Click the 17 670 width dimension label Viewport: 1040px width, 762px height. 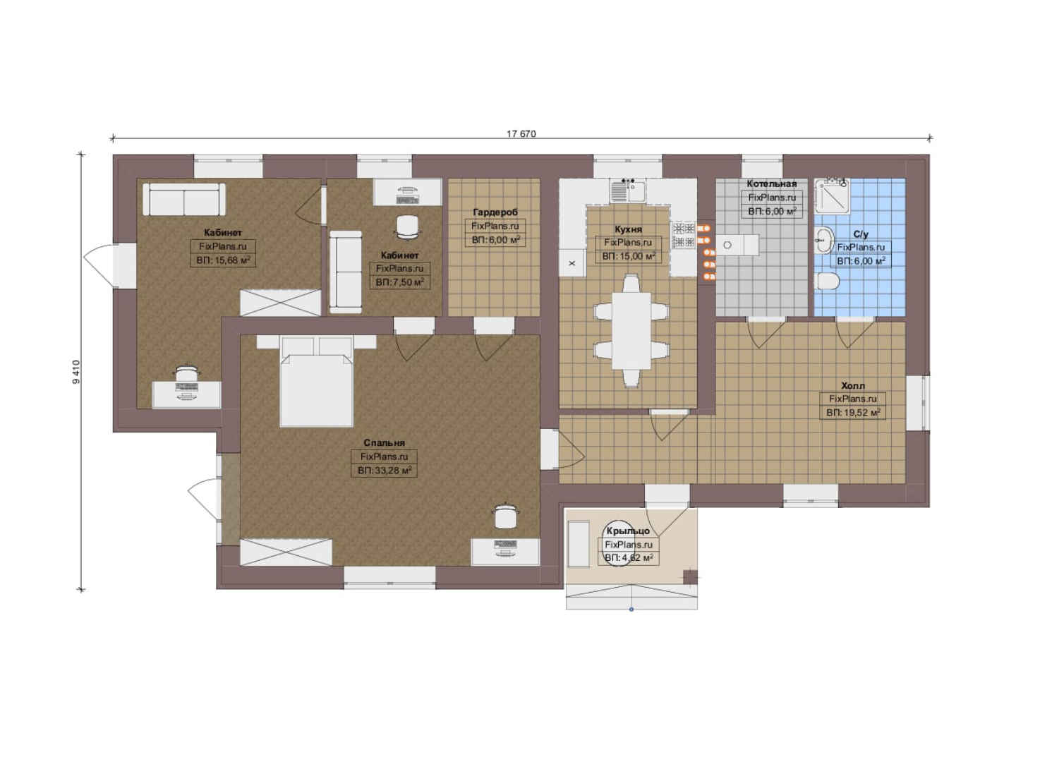521,134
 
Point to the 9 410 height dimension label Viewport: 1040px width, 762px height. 76,372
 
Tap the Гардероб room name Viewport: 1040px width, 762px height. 495,212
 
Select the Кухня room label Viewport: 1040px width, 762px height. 628,229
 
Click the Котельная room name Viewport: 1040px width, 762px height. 771,184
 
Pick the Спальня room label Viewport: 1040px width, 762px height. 384,443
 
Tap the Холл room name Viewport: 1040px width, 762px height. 853,385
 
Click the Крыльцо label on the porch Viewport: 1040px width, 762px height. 628,531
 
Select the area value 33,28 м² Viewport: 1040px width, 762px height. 385,471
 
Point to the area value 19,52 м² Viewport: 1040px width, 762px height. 853,412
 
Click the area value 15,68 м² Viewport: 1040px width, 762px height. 223,260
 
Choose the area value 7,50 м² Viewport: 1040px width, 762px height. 399,282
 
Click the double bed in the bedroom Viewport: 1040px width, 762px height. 317,381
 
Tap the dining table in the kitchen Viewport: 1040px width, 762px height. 631,331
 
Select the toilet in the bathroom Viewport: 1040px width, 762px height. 827,282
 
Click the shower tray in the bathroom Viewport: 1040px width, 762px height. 832,196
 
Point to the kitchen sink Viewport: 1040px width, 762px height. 628,190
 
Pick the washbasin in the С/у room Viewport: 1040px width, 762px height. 824,240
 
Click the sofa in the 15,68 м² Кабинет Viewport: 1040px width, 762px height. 184,199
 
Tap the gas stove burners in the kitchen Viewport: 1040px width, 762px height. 682,234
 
